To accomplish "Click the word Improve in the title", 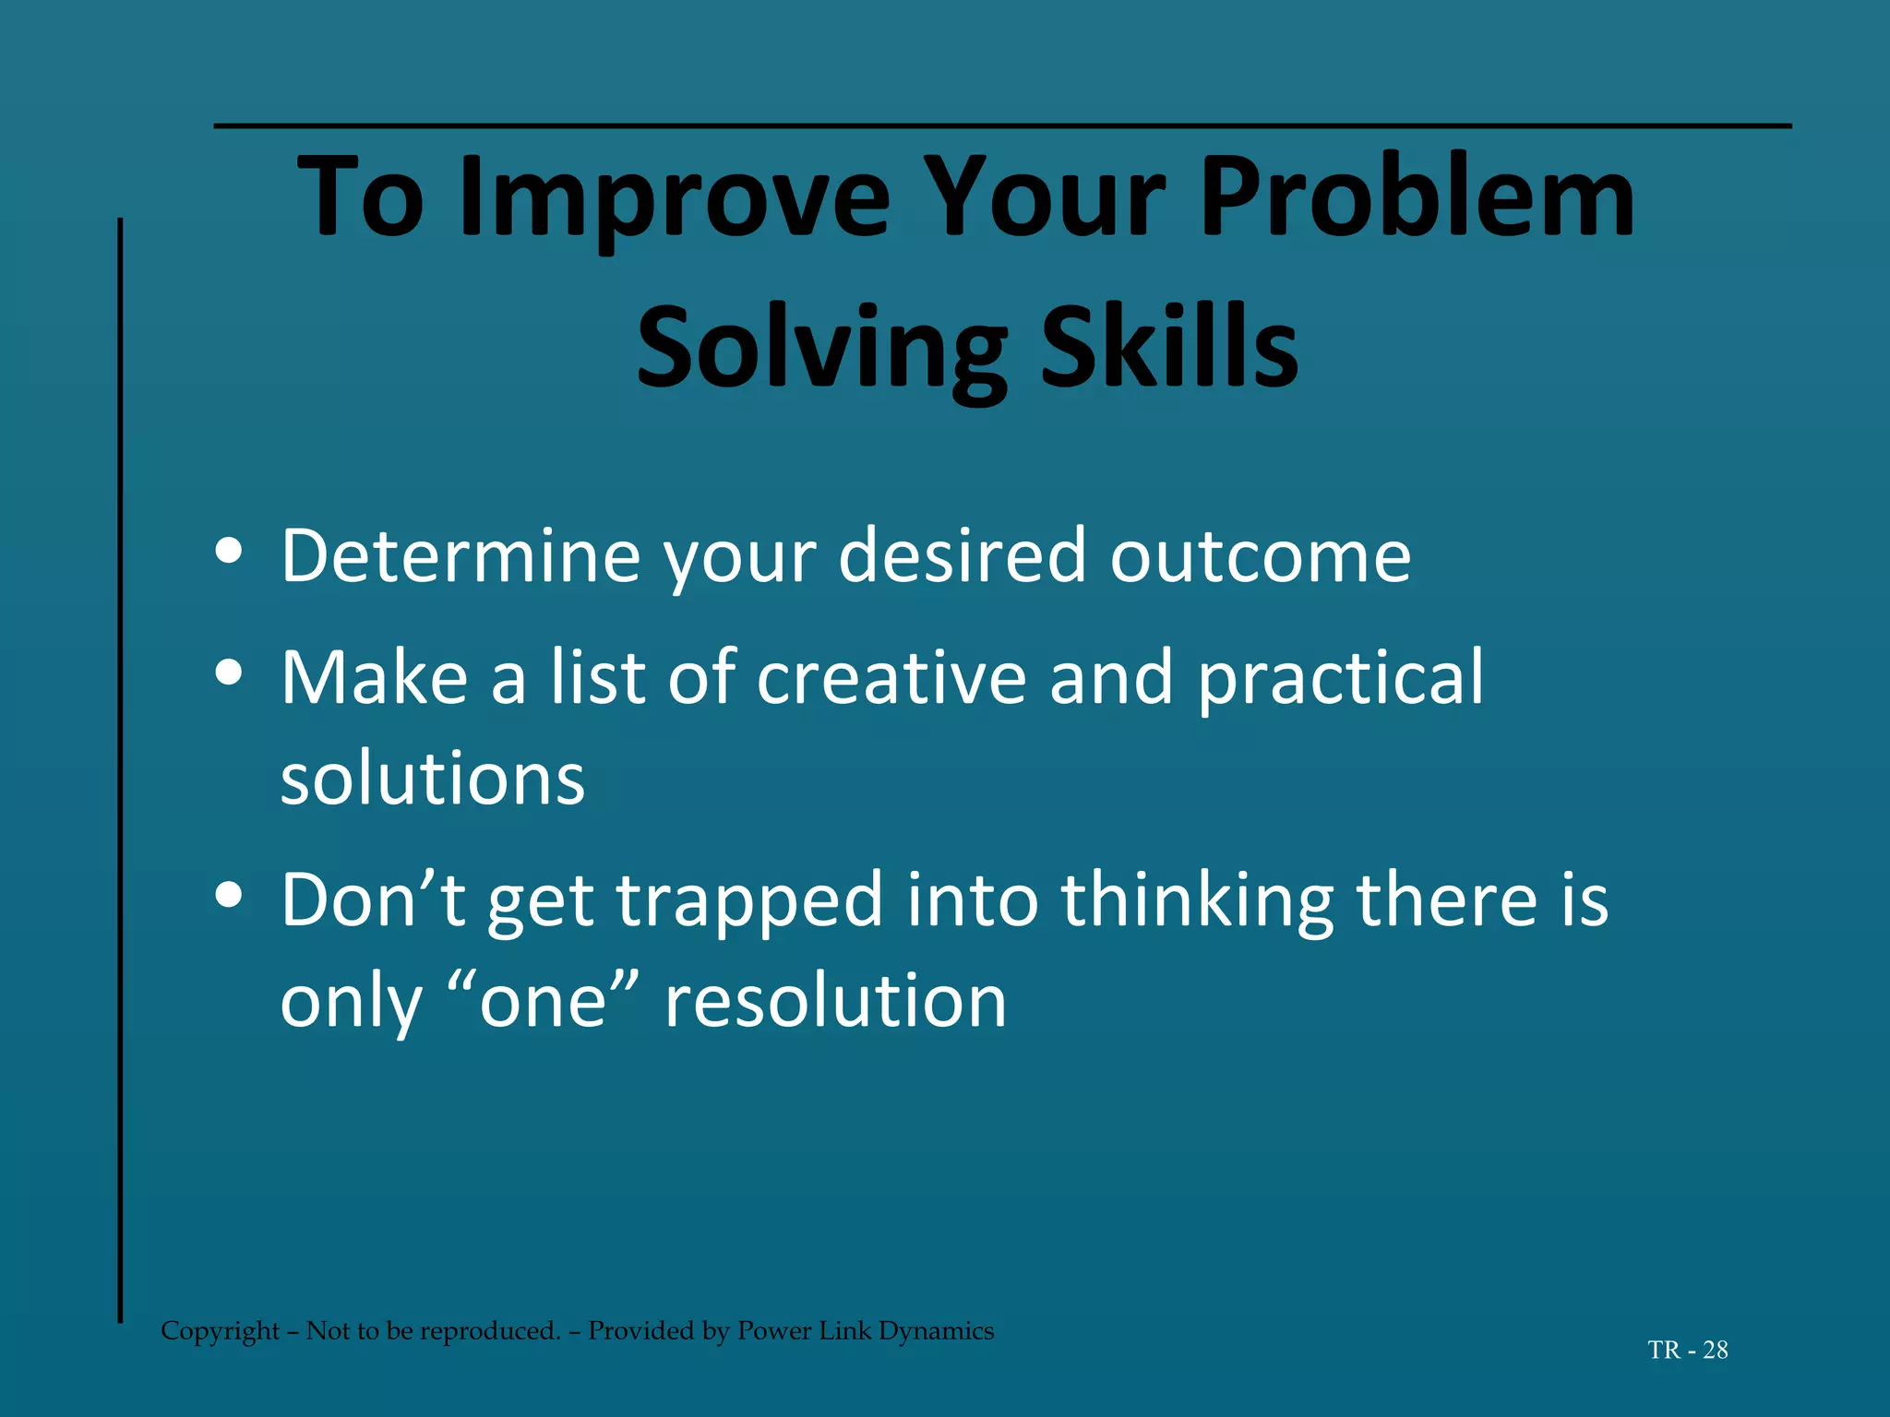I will (675, 198).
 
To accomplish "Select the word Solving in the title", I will (821, 349).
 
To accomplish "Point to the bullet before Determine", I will (228, 552).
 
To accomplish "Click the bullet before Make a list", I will (228, 673).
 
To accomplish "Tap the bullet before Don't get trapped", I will (228, 895).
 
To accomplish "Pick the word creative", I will (891, 678).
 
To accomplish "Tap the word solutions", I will (432, 780).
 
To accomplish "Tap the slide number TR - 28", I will (1687, 1350).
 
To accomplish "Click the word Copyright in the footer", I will (220, 1331).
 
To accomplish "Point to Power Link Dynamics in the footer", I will (865, 1331).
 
